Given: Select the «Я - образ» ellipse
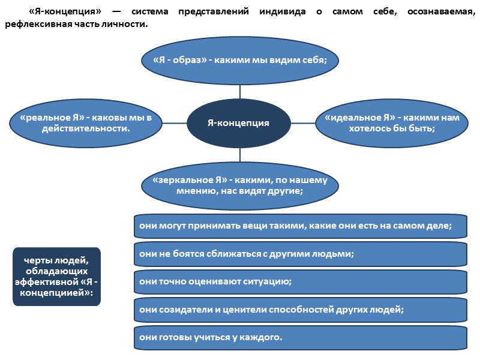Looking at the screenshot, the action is click(x=239, y=61).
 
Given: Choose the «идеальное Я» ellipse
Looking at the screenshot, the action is click(x=391, y=123).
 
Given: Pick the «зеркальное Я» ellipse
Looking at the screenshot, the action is click(x=239, y=185).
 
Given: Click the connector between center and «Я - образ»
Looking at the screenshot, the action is click(x=239, y=91).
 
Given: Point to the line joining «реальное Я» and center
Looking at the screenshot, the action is click(x=175, y=123).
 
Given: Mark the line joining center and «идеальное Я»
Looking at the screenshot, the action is click(x=303, y=123).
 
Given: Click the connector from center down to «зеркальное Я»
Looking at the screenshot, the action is click(x=239, y=154).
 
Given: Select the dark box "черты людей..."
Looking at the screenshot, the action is click(x=57, y=276).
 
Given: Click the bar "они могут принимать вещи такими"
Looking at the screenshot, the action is click(x=300, y=226).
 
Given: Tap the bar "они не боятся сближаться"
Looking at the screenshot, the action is click(x=300, y=254).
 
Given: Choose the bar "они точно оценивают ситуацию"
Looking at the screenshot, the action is click(x=300, y=281).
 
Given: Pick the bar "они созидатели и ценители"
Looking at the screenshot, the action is click(x=300, y=310).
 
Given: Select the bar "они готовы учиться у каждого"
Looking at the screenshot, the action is click(x=300, y=337).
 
